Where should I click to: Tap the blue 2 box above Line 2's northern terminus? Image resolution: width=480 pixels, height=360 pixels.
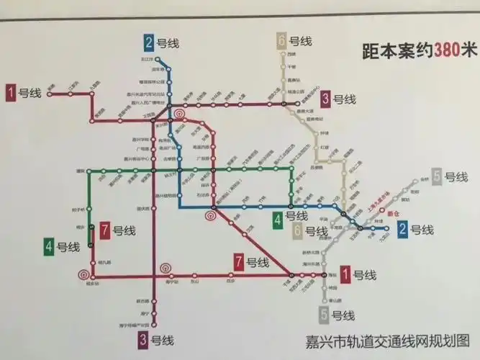(x=150, y=42)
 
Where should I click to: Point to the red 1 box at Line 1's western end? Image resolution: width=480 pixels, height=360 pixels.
(x=12, y=91)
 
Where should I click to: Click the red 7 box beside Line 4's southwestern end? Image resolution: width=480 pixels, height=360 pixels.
(x=105, y=230)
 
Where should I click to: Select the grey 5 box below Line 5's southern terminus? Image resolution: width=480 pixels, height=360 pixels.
(x=325, y=314)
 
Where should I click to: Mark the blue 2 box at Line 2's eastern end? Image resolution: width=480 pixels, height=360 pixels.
(x=404, y=230)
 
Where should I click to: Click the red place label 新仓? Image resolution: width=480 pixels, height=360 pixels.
(x=392, y=213)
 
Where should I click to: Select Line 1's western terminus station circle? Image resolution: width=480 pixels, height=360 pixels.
(x=49, y=92)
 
